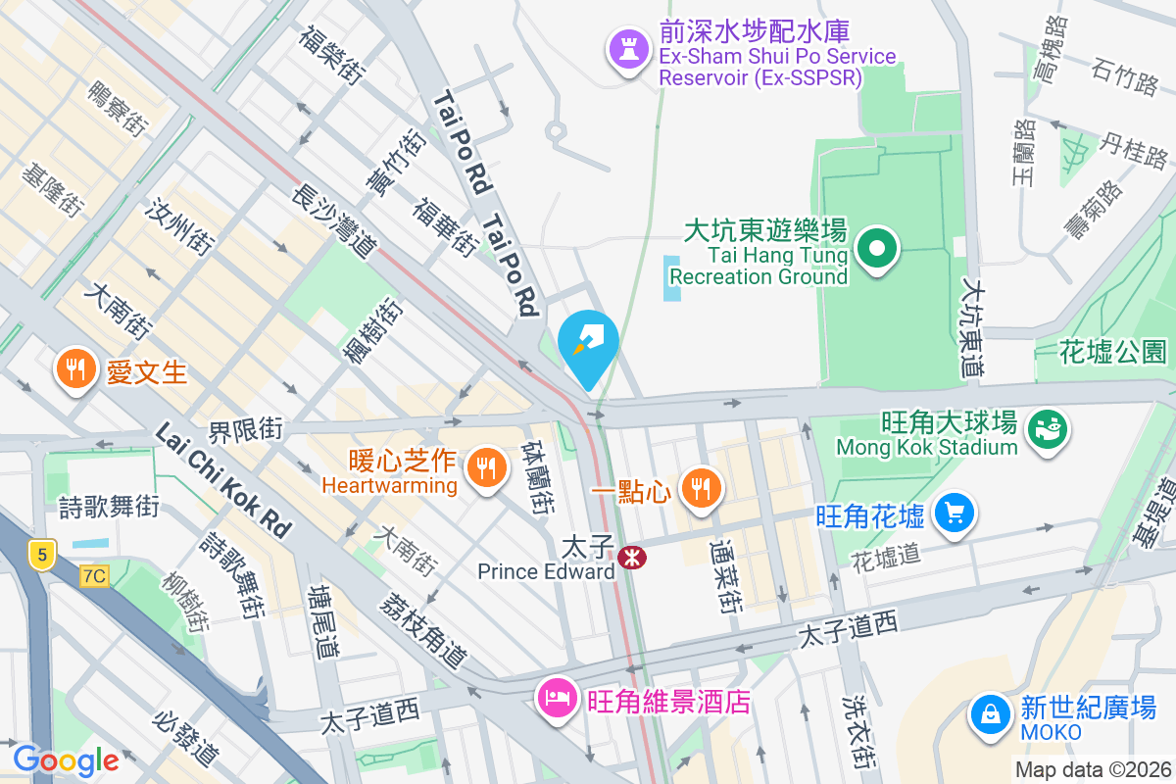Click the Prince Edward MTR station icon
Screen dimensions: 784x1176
pyautogui.click(x=631, y=558)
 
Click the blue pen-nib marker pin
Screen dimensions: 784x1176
pyautogui.click(x=588, y=344)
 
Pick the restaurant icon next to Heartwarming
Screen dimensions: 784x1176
pyautogui.click(x=485, y=465)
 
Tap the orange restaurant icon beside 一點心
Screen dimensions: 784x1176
pyautogui.click(x=699, y=487)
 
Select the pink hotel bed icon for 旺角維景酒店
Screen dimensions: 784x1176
pyautogui.click(x=558, y=700)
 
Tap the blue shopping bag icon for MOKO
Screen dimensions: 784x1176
pyautogui.click(x=991, y=714)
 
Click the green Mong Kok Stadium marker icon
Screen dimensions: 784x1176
pyautogui.click(x=1047, y=427)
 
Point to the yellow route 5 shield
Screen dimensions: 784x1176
pyautogui.click(x=42, y=552)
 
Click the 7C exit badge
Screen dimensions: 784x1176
pyautogui.click(x=93, y=576)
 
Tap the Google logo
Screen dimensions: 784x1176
pyautogui.click(x=66, y=760)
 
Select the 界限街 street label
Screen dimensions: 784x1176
pyautogui.click(x=245, y=429)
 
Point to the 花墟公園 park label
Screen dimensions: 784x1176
pyautogui.click(x=1114, y=351)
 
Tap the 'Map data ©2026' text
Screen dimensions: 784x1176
pyautogui.click(x=1092, y=769)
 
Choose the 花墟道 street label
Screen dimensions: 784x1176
pyautogui.click(x=886, y=555)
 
